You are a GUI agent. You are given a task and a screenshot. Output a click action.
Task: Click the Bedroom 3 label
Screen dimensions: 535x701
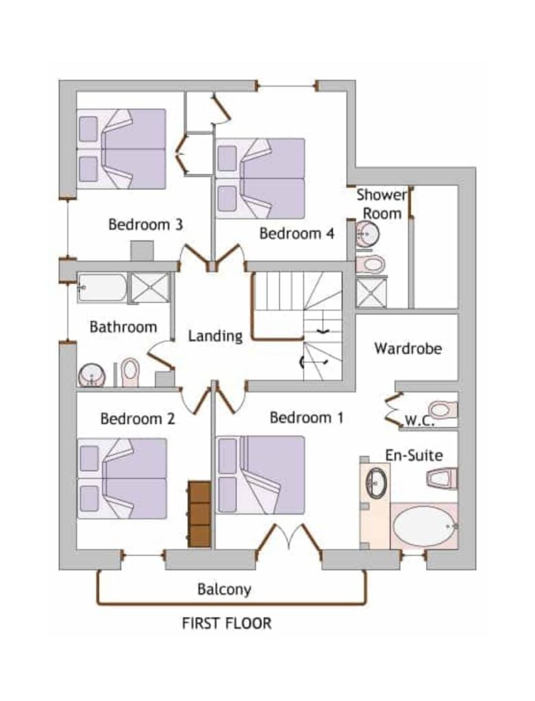(145, 224)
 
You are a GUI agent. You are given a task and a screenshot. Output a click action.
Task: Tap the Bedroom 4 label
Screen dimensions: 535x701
(297, 233)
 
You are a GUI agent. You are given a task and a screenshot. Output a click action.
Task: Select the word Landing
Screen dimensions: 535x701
(215, 336)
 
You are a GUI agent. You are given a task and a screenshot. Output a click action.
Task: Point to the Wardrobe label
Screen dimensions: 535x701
(408, 348)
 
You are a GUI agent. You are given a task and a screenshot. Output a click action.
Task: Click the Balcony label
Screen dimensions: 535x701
(224, 589)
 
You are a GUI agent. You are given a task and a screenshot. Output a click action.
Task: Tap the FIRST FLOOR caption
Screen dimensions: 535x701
(226, 623)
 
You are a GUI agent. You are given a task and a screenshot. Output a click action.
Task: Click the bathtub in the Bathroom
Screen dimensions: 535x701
(103, 288)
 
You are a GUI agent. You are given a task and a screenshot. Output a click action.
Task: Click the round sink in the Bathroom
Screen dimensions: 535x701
(92, 374)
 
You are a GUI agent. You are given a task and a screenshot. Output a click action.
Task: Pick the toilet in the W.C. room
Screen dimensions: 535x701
(443, 409)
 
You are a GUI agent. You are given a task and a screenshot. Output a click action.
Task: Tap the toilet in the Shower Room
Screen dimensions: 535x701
(371, 264)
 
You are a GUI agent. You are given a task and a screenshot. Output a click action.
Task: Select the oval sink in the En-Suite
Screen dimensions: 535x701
(376, 482)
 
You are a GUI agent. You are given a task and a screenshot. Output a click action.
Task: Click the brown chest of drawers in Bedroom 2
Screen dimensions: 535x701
(199, 514)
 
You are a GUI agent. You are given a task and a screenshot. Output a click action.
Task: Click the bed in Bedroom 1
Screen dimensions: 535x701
(260, 475)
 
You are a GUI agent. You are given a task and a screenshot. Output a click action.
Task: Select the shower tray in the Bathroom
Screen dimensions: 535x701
(150, 288)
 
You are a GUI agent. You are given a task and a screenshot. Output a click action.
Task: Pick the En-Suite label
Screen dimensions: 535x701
(414, 455)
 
